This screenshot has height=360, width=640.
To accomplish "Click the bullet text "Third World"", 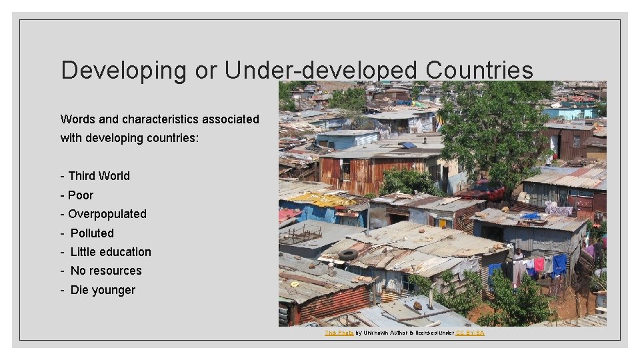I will point(99,176).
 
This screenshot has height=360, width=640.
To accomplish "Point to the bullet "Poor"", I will point(81,195).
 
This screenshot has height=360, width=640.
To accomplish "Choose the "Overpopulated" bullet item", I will point(107,214).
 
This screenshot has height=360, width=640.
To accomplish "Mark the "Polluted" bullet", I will point(92,233).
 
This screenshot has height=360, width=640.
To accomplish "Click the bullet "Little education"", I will point(111,252).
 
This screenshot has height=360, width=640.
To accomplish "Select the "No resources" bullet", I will point(106,271).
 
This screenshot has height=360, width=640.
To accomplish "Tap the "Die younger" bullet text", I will point(103,290).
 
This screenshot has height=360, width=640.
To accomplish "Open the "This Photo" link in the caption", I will point(339,333).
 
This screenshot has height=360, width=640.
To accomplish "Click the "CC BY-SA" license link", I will point(470,333).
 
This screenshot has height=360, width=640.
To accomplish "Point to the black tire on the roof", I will point(348,255).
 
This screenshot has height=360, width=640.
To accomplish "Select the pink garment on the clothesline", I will point(539,264).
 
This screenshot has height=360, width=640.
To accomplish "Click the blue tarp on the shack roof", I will point(531,216).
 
